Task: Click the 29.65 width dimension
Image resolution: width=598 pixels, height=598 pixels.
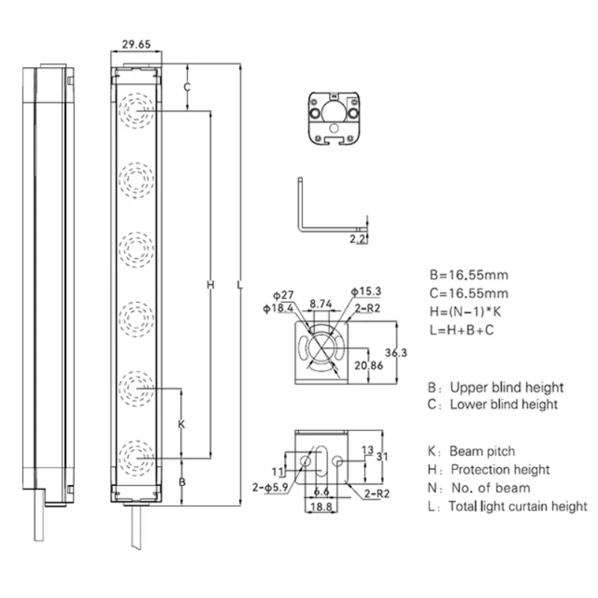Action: point(135,45)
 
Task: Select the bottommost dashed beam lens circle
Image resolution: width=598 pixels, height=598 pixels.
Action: point(137,455)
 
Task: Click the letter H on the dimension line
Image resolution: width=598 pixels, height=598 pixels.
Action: point(210,284)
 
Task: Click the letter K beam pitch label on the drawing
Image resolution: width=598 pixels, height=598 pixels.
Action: point(181,424)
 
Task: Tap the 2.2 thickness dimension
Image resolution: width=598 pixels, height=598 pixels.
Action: point(358,239)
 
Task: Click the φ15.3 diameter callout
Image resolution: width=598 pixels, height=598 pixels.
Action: point(365,292)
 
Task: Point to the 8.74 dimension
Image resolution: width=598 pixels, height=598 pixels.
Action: point(321,304)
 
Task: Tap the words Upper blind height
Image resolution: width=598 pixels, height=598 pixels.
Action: point(506,387)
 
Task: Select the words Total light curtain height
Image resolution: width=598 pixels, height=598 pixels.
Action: point(517,507)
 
